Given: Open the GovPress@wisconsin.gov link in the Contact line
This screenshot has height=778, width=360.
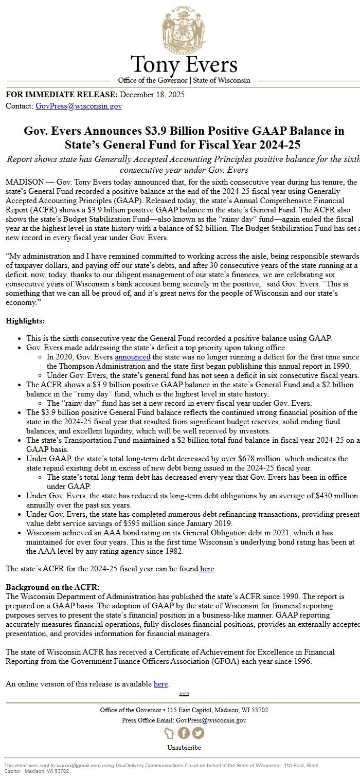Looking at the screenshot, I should coord(79,106).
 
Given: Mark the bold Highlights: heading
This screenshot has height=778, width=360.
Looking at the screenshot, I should coord(25,321).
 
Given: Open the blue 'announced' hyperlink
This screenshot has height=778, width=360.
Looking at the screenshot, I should coord(133,356).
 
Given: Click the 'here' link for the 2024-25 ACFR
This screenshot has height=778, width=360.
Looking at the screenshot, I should coord(207,569).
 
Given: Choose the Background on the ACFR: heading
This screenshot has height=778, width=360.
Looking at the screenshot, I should coord(53,587).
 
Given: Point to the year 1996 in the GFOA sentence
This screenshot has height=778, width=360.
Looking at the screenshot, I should coord(301,661).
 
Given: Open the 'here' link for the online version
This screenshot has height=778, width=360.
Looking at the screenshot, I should coord(160,684).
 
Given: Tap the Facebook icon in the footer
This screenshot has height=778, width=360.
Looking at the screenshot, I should coord(184,733).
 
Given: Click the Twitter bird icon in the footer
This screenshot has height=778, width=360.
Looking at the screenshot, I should coord(198,733).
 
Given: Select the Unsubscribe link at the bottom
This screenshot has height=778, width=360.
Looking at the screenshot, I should coord(184,747).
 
